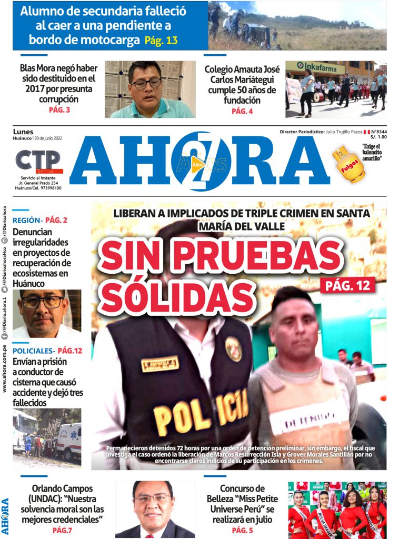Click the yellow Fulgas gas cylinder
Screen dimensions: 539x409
347,164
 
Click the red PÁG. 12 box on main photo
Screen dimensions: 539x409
347,285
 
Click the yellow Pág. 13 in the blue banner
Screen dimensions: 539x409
161,40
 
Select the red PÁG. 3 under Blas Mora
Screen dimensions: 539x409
59,110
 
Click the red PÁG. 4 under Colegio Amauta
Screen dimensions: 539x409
242,111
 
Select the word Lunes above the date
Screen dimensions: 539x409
23,132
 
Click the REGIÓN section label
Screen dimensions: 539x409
27,221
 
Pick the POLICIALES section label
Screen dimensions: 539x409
33,351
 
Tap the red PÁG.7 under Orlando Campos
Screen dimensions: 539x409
62,530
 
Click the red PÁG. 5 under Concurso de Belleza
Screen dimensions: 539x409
242,530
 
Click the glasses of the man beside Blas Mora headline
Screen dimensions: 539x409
146,83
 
